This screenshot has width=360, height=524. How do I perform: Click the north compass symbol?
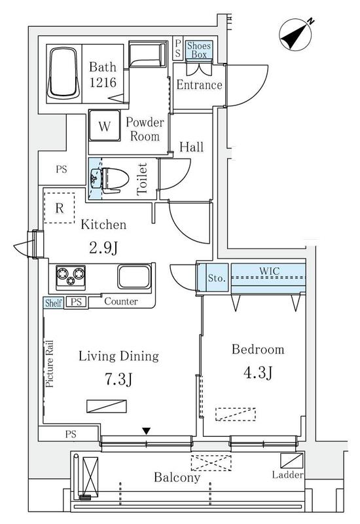tap(296, 35)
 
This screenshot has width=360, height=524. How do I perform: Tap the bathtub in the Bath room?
tap(63, 73)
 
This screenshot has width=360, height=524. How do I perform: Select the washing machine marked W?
tap(105, 125)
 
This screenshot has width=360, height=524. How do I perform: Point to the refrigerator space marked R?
tap(59, 208)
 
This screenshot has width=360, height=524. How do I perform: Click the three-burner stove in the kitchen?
tap(71, 276)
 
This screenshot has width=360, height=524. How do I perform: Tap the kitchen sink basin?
tap(134, 276)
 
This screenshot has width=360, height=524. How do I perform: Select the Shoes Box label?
tap(199, 50)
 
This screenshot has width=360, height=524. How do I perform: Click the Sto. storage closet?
tap(217, 278)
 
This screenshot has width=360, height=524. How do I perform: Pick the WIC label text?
tap(270, 271)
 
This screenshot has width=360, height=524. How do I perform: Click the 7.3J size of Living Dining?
tap(118, 379)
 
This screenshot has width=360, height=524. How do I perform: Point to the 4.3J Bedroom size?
tap(258, 373)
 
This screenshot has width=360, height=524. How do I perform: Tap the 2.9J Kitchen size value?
tap(103, 248)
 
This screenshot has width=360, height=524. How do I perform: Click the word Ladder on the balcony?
tap(287, 474)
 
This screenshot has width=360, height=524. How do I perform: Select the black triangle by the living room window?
tap(146, 431)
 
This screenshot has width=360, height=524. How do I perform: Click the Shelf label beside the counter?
tap(54, 303)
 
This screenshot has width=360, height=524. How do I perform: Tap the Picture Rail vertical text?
tap(50, 364)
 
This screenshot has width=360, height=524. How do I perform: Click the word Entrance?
tap(199, 84)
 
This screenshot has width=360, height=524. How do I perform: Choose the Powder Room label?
tap(145, 129)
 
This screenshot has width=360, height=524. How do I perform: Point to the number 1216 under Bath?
tap(103, 83)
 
